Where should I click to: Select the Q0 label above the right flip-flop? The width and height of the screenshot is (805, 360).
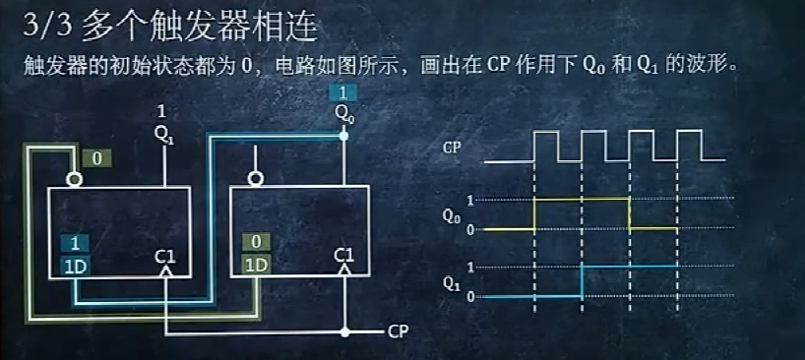pyautogui.click(x=342, y=112)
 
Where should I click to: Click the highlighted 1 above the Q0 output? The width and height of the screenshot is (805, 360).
pyautogui.click(x=341, y=93)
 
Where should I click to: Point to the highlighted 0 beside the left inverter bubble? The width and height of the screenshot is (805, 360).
pyautogui.click(x=97, y=157)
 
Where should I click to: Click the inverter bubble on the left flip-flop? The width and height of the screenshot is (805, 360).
pyautogui.click(x=73, y=179)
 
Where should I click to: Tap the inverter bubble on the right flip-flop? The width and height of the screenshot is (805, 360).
pyautogui.click(x=256, y=179)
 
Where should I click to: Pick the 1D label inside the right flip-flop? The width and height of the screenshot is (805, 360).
pyautogui.click(x=255, y=265)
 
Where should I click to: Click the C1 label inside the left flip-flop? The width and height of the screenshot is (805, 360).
pyautogui.click(x=164, y=258)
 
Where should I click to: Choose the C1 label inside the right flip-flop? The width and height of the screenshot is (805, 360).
pyautogui.click(x=343, y=257)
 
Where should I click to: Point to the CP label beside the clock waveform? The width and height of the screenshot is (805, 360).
pyautogui.click(x=452, y=149)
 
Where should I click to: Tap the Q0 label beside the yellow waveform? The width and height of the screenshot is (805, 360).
pyautogui.click(x=451, y=213)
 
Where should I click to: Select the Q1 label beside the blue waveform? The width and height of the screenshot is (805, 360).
pyautogui.click(x=451, y=282)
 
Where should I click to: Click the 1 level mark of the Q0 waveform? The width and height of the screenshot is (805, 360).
pyautogui.click(x=469, y=200)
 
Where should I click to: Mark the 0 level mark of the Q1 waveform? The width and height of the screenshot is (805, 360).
pyautogui.click(x=469, y=296)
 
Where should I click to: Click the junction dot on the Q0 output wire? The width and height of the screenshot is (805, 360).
pyautogui.click(x=342, y=137)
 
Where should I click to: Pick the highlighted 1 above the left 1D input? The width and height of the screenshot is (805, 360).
pyautogui.click(x=73, y=242)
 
